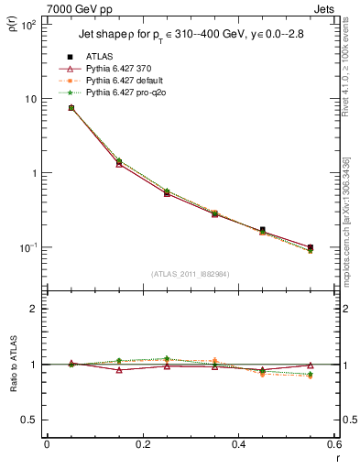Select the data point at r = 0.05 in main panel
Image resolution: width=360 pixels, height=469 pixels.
[x=71, y=108]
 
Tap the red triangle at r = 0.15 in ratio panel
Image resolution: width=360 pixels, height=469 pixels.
[x=119, y=370]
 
